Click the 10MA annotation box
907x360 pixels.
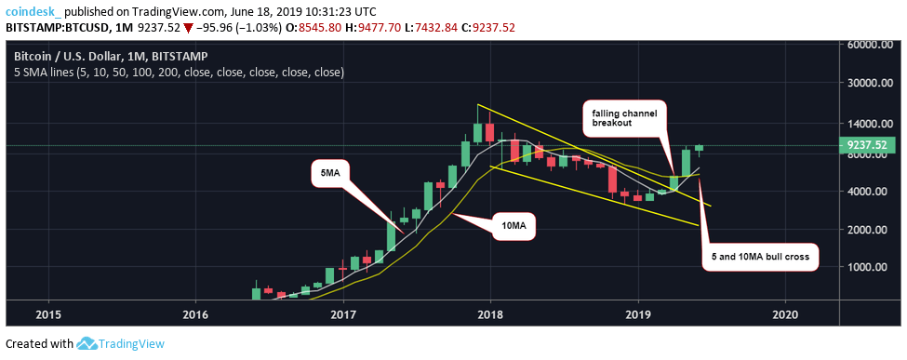509,225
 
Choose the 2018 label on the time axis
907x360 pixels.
490,313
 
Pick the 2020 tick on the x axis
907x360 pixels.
785,313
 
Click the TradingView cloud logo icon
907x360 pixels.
89,343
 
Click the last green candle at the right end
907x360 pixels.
699,147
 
